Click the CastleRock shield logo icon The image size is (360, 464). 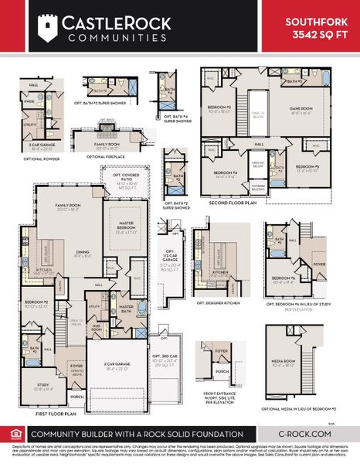coord(49,29)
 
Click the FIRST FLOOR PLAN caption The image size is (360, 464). coord(56,415)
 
